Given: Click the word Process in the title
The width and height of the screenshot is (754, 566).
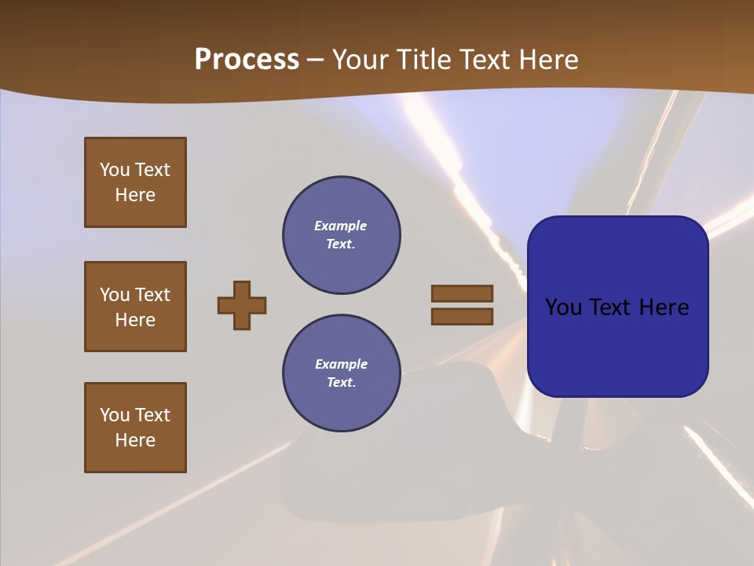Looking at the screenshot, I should pyautogui.click(x=247, y=60).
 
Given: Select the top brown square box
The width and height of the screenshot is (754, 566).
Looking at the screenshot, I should pyautogui.click(x=135, y=182).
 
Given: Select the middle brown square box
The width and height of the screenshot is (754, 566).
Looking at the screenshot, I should pyautogui.click(x=135, y=307).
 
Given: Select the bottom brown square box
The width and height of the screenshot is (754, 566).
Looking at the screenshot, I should pyautogui.click(x=135, y=428).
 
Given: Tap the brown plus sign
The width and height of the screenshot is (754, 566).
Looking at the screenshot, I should pyautogui.click(x=242, y=305).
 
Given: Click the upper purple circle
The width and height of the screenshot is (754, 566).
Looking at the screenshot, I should pyautogui.click(x=341, y=235).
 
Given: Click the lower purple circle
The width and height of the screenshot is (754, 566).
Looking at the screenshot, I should pyautogui.click(x=341, y=373).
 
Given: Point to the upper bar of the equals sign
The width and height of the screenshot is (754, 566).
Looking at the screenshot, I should pyautogui.click(x=462, y=293).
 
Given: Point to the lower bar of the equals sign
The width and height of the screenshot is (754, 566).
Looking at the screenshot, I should pyautogui.click(x=462, y=316).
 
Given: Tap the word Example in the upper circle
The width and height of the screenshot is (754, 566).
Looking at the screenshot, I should pyautogui.click(x=341, y=226).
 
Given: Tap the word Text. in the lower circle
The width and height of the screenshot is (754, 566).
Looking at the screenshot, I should pyautogui.click(x=341, y=382).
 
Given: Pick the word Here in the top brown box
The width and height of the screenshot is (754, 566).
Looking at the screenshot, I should pyautogui.click(x=135, y=195).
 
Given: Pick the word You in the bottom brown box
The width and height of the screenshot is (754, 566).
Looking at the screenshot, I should pyautogui.click(x=115, y=415).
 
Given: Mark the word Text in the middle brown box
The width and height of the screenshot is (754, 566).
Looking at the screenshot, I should pyautogui.click(x=152, y=295).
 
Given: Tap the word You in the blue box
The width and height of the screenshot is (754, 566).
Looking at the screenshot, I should pyautogui.click(x=564, y=307).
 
